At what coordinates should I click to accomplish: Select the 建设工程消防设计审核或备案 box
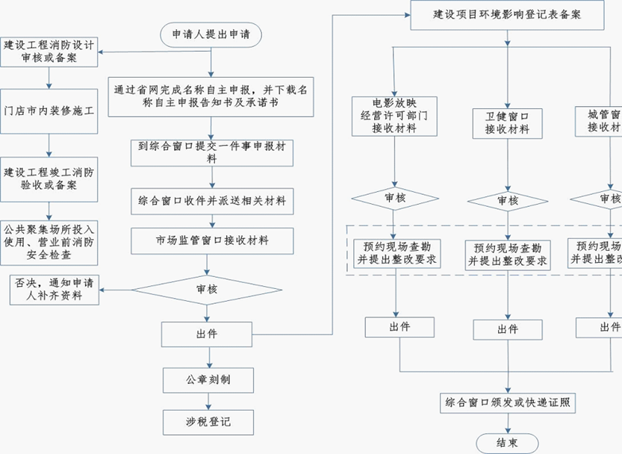coord(49,52)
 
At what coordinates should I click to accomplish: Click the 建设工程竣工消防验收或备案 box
coord(49,178)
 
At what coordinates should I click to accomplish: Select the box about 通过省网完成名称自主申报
coord(211,96)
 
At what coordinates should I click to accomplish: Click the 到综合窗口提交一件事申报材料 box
coord(211,152)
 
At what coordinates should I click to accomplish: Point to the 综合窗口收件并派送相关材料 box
coord(211,200)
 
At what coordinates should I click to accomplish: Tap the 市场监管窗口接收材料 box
coord(212,240)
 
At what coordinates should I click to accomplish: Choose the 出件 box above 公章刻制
coord(207,334)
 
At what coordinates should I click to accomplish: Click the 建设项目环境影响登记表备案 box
coord(508,14)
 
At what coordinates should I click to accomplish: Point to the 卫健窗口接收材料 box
coord(507,122)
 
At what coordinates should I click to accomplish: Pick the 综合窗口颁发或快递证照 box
coord(508,403)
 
